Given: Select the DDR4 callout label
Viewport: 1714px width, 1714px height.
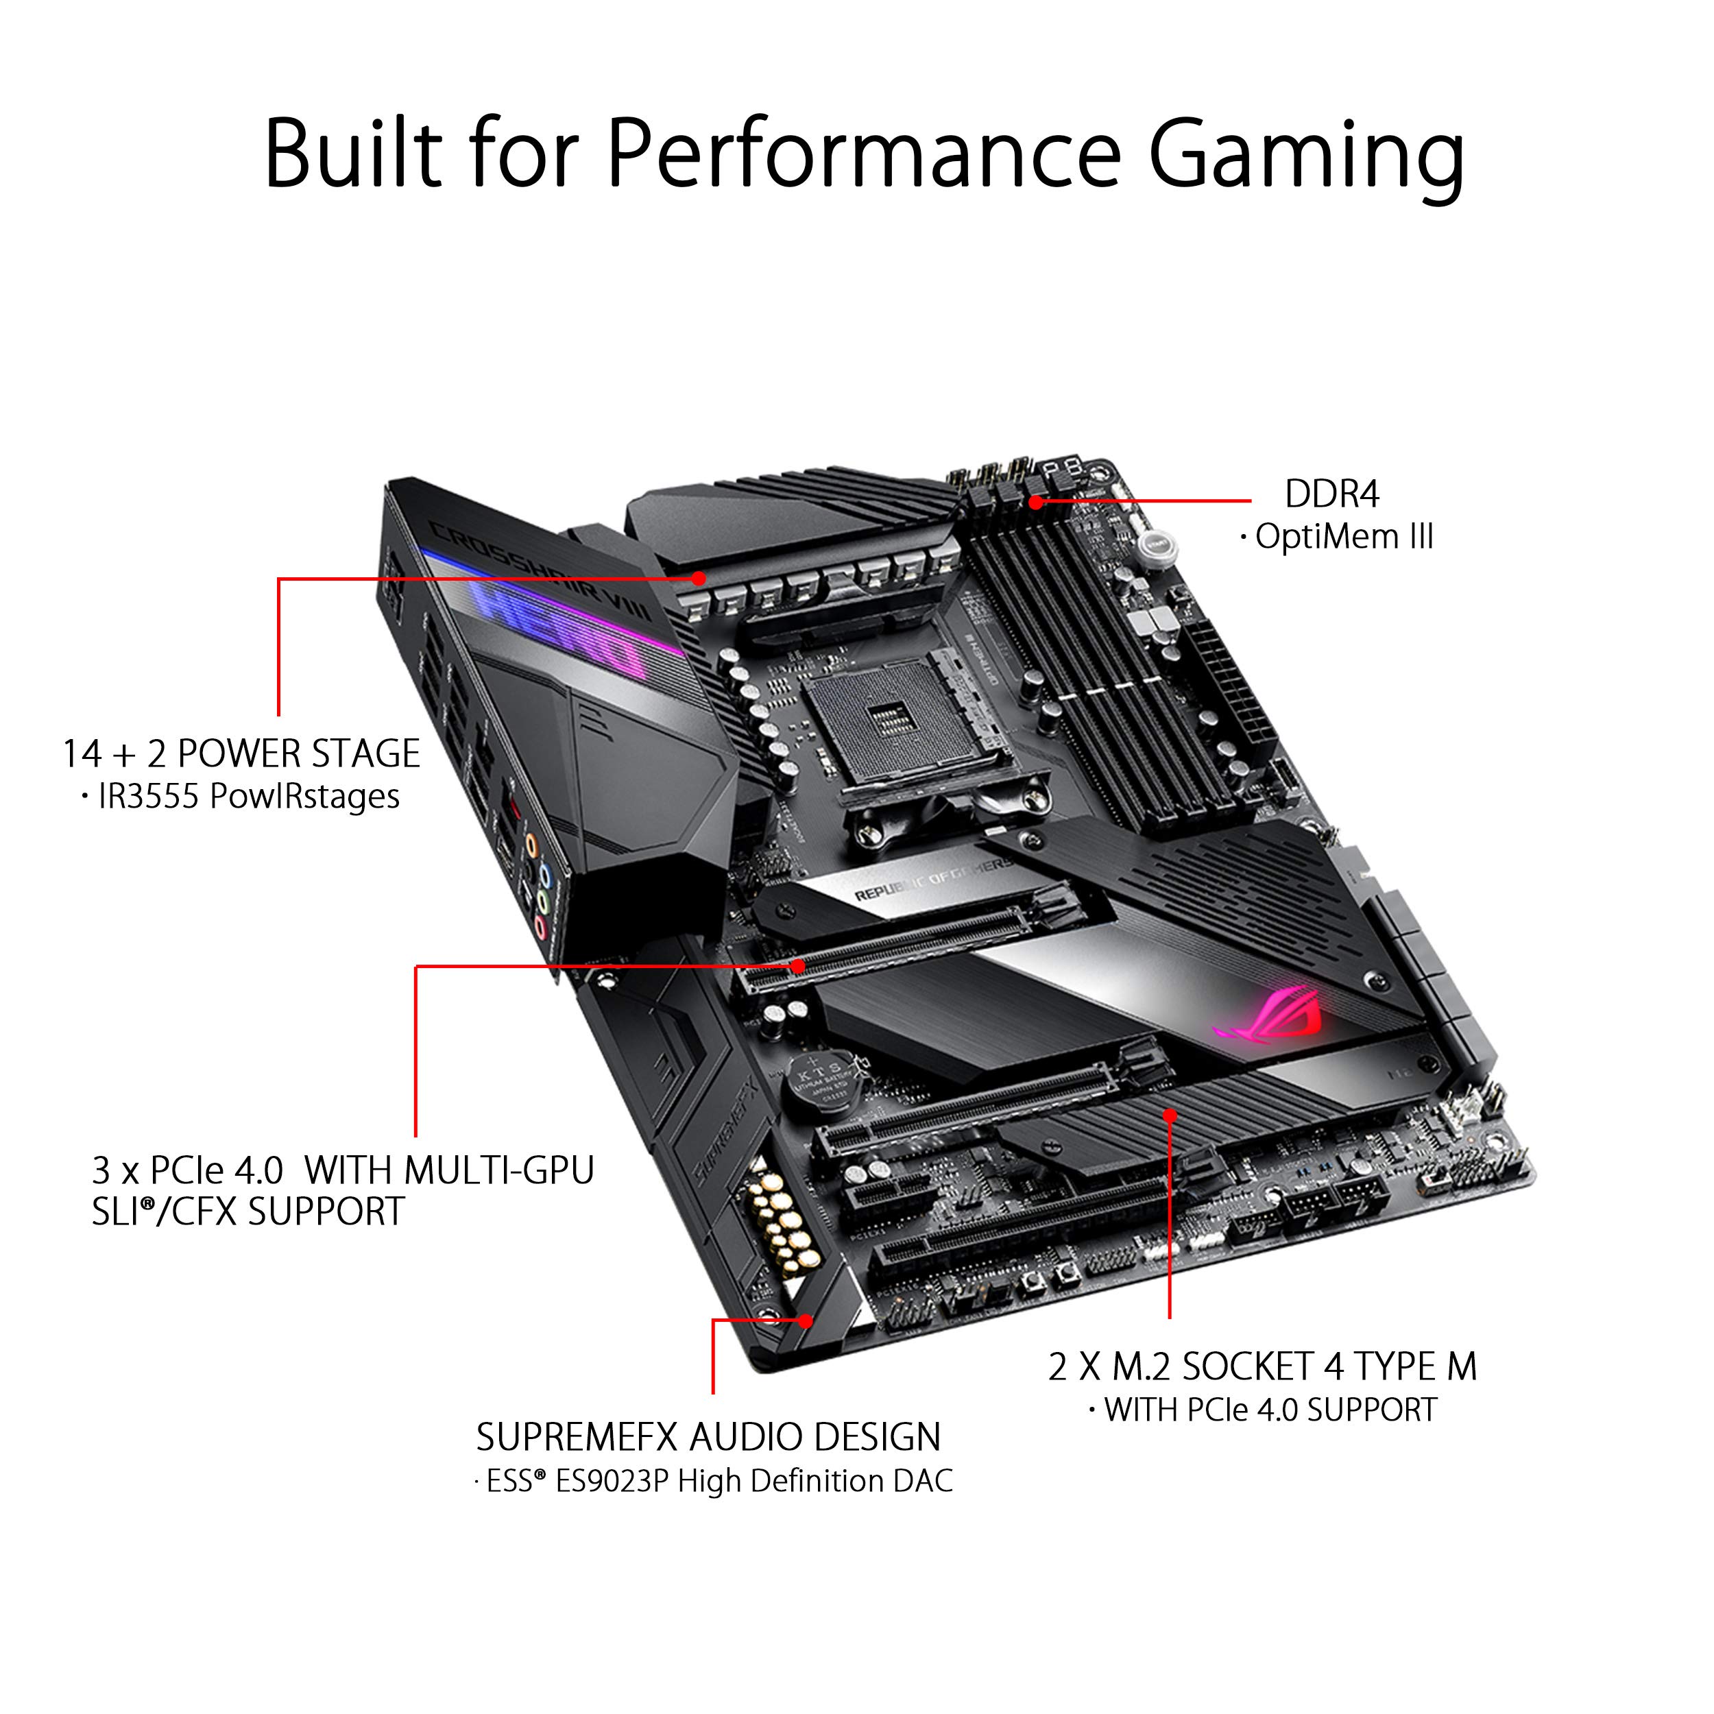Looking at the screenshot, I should (1331, 494).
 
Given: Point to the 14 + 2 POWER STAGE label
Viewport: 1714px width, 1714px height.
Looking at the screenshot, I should (241, 753).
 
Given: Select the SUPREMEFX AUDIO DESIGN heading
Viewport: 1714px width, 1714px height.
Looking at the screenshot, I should (708, 1437).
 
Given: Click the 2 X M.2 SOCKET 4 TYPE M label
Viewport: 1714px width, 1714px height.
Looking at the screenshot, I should (1262, 1366).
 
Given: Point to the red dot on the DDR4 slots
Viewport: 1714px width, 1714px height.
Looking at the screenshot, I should (1035, 502).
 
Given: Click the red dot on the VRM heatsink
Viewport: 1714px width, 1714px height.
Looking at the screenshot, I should (699, 579).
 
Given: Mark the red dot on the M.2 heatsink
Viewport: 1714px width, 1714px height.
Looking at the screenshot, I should (1170, 1115).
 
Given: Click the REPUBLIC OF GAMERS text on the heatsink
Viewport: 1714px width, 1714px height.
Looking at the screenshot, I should (932, 880).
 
